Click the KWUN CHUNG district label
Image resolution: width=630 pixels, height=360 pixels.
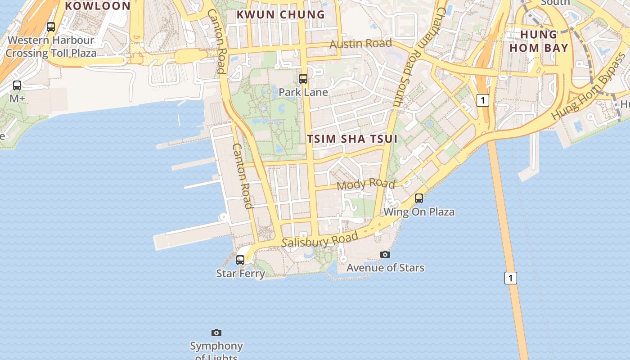point(281,14)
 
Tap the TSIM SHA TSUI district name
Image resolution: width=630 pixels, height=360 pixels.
point(353,139)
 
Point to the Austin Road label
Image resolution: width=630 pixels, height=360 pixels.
point(361,44)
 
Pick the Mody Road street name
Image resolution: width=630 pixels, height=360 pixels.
point(365,184)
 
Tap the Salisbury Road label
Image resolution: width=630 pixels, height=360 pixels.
point(320,240)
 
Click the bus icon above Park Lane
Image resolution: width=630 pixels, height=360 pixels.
point(303,79)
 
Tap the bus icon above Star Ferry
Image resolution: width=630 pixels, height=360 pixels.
point(240,260)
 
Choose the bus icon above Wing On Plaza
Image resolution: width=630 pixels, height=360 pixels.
point(419,198)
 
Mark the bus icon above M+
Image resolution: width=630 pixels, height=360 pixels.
point(17,85)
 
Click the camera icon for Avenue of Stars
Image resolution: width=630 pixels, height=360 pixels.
point(385,254)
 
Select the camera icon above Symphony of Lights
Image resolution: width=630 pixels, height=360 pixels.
point(216,333)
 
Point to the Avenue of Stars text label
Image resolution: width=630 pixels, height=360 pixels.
point(385,268)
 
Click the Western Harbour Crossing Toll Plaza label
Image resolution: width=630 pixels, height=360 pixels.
point(51,46)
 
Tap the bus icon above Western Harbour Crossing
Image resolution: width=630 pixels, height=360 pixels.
point(51,27)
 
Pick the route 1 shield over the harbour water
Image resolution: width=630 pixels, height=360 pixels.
point(510,278)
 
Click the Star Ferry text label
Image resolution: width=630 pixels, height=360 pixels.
point(240,273)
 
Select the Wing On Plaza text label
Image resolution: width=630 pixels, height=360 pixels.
point(419,211)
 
